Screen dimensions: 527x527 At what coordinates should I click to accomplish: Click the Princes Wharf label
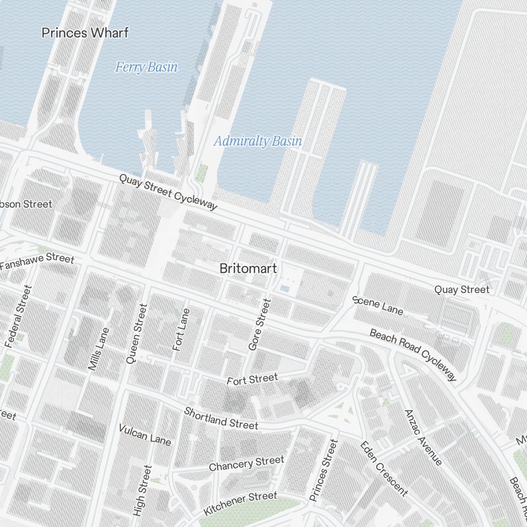[x=85, y=33]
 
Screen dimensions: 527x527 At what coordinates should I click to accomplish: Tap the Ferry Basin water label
[x=146, y=67]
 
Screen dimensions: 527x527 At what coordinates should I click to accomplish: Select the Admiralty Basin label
[x=258, y=141]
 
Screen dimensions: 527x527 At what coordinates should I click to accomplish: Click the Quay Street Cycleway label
[x=168, y=192]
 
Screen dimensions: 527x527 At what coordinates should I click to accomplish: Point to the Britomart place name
[x=248, y=268]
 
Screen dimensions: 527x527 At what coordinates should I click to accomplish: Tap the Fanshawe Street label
[x=37, y=261]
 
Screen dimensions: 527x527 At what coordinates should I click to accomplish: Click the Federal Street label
[x=18, y=316]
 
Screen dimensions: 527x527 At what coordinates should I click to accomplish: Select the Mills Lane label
[x=100, y=349]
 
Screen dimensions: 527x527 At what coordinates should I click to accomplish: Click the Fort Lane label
[x=181, y=329]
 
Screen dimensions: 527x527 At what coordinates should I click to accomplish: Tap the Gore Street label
[x=259, y=325]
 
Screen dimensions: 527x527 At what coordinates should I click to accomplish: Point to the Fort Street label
[x=252, y=379]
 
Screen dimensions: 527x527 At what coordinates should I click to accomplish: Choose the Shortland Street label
[x=221, y=418]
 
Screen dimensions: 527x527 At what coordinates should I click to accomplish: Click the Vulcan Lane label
[x=145, y=434]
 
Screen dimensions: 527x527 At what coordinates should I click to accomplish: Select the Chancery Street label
[x=246, y=464]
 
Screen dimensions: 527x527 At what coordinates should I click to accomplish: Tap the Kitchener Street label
[x=240, y=503]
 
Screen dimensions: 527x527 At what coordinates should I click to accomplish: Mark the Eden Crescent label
[x=384, y=468]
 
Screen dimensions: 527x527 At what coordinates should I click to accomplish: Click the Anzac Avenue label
[x=423, y=437]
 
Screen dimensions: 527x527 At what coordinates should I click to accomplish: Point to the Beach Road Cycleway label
[x=413, y=354]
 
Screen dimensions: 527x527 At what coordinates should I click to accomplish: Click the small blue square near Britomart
[x=285, y=289]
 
